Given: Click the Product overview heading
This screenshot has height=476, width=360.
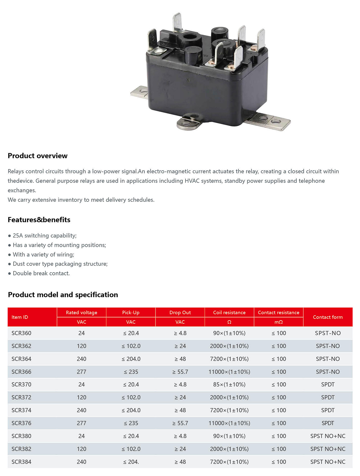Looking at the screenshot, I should click(x=37, y=156).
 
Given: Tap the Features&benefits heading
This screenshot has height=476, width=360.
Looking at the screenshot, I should click(x=39, y=220).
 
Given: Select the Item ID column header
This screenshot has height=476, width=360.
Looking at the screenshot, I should click(x=20, y=317).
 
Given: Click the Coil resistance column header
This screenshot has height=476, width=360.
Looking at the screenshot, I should click(x=229, y=312).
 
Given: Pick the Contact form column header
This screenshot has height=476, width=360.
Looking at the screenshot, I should click(x=328, y=317).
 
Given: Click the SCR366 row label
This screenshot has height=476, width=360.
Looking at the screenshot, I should click(x=21, y=372).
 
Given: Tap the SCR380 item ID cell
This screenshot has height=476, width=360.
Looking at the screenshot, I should click(x=21, y=436).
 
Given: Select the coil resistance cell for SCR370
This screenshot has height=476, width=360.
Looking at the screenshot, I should click(x=229, y=384).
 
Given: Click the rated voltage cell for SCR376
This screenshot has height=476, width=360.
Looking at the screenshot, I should click(x=81, y=423).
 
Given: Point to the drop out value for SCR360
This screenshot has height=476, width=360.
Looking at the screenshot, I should click(x=180, y=333).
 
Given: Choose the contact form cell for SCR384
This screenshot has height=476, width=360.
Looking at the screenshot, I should click(x=328, y=462).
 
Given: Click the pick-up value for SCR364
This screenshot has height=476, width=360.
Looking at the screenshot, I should click(x=131, y=359).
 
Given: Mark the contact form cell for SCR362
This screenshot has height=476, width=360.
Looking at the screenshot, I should click(x=328, y=346).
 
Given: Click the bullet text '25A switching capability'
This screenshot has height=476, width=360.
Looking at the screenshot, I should click(x=44, y=235).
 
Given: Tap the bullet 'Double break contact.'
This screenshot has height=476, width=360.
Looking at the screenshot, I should click(x=41, y=273).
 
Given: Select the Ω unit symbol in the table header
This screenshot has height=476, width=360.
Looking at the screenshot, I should click(x=229, y=322).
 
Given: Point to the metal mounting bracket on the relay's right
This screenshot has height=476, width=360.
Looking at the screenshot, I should click(x=268, y=121).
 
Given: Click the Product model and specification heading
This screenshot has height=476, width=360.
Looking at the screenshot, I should click(x=63, y=295).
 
